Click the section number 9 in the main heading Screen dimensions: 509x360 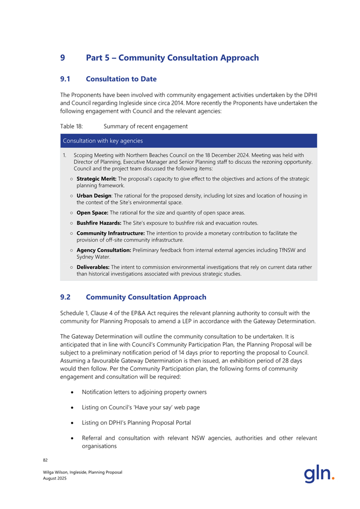63,58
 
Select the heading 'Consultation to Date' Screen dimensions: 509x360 121,79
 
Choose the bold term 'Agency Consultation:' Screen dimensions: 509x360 108,249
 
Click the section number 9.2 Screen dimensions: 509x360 66,297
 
